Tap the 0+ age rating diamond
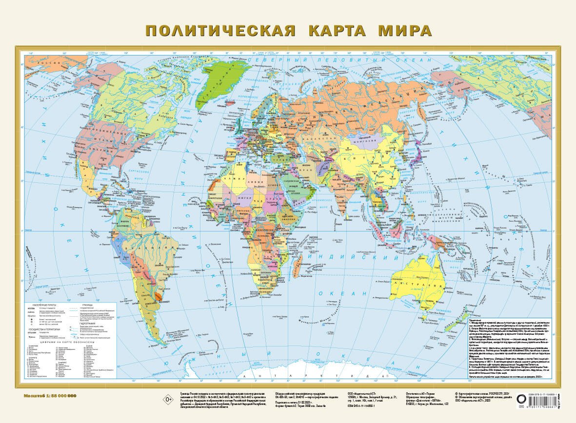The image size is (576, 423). pos(156,400)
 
